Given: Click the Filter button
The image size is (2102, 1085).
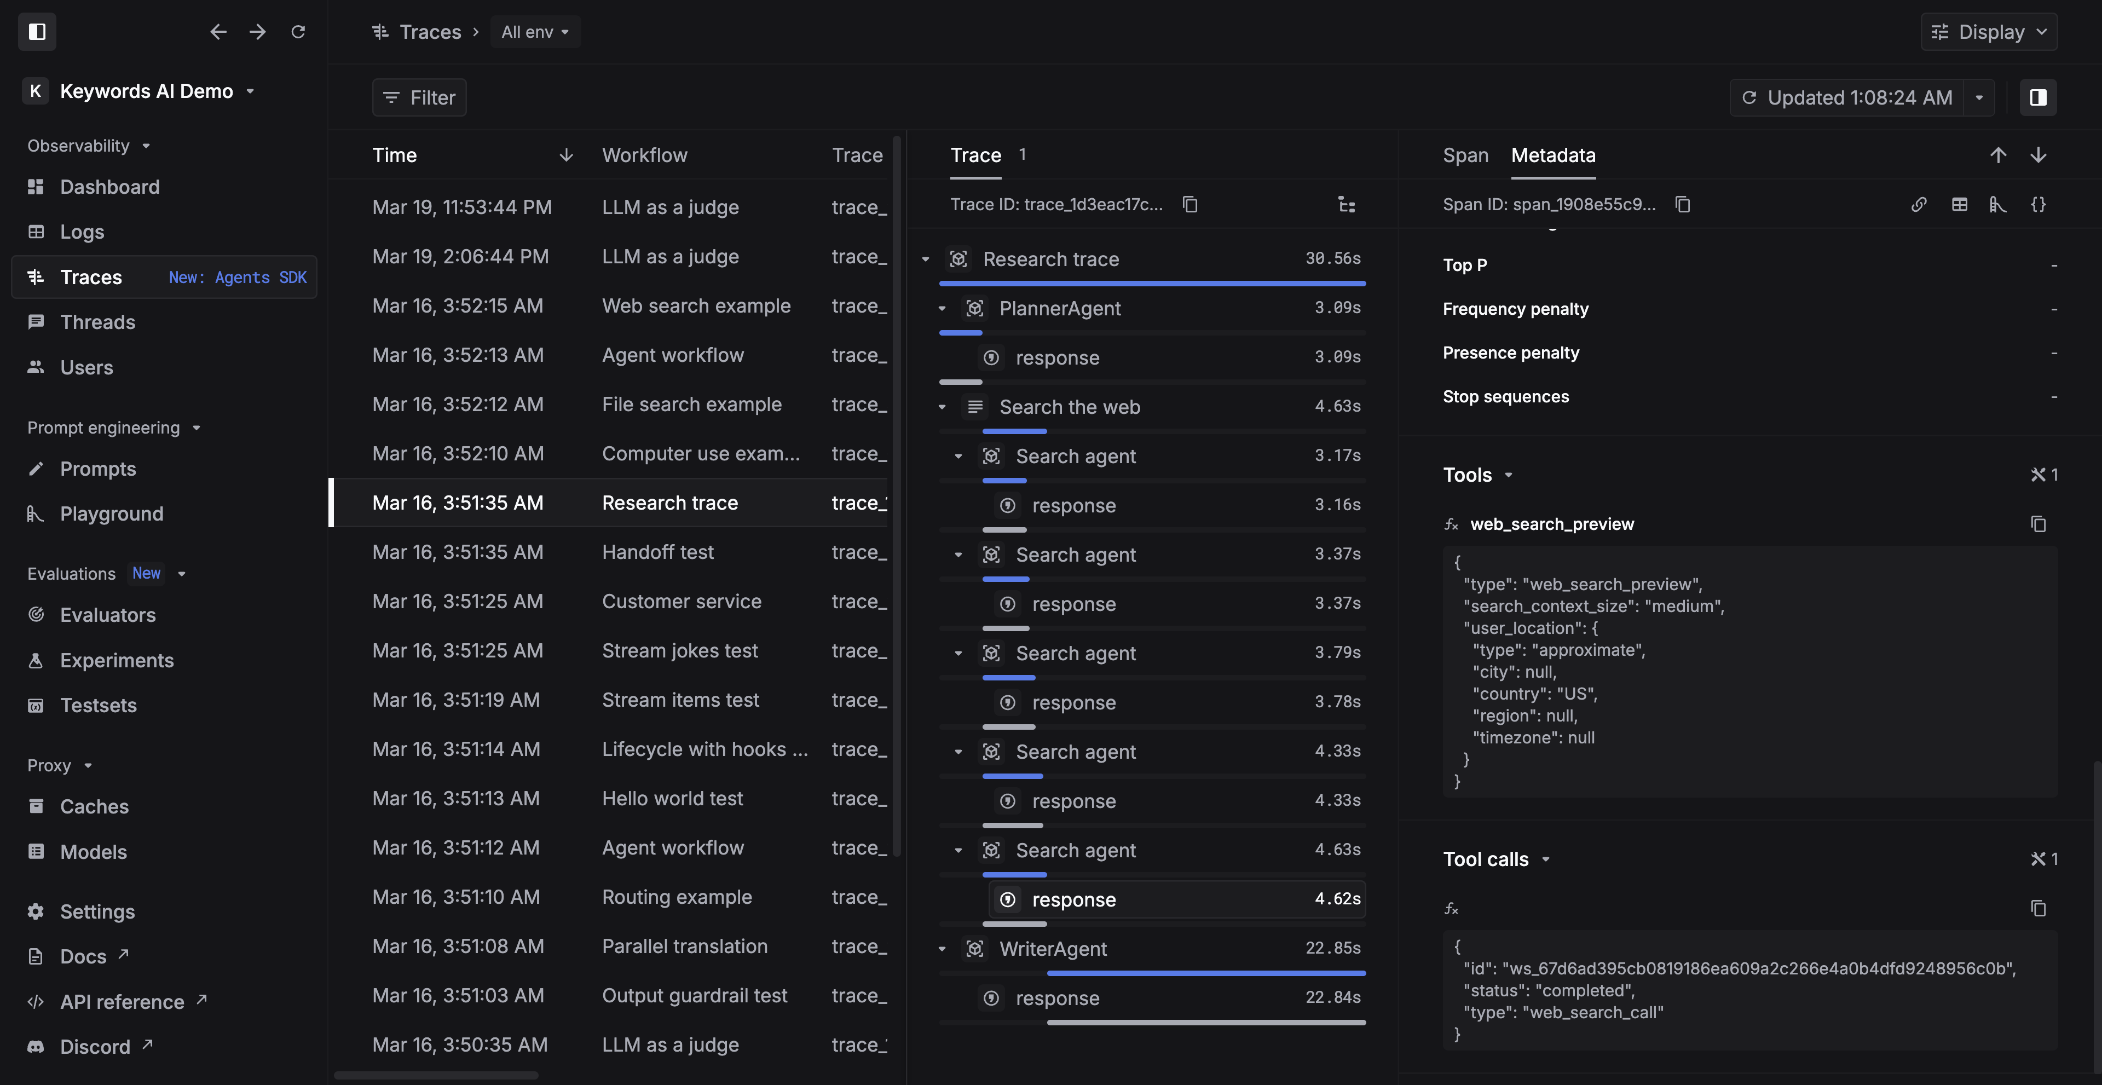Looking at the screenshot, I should (x=419, y=98).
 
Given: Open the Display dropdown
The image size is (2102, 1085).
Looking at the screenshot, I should (x=1989, y=32).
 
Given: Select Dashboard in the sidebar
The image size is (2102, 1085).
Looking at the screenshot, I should (x=109, y=187).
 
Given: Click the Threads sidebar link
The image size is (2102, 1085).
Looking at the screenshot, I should (x=97, y=322).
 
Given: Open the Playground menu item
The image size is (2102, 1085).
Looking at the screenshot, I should (x=111, y=514).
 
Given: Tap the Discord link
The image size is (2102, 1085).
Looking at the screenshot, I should (x=95, y=1047).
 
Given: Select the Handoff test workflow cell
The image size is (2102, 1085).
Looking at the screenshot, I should (x=657, y=552).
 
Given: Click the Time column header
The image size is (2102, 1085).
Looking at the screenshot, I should (x=394, y=155).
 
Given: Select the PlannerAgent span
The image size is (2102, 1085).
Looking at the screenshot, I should (x=1059, y=308).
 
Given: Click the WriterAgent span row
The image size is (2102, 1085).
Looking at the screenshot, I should (x=1053, y=949).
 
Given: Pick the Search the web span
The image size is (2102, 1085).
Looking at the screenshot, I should (x=1069, y=407).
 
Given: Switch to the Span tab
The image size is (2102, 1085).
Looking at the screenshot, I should (x=1465, y=155).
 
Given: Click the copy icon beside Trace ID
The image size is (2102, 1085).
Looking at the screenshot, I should (x=1189, y=204).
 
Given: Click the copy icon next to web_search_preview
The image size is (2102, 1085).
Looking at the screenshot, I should (x=2037, y=524).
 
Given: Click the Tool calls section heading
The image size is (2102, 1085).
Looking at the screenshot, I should (x=1485, y=859).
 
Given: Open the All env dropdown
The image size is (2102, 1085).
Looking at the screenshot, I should (x=534, y=32).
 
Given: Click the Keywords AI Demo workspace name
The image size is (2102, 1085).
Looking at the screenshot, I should (x=146, y=91).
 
